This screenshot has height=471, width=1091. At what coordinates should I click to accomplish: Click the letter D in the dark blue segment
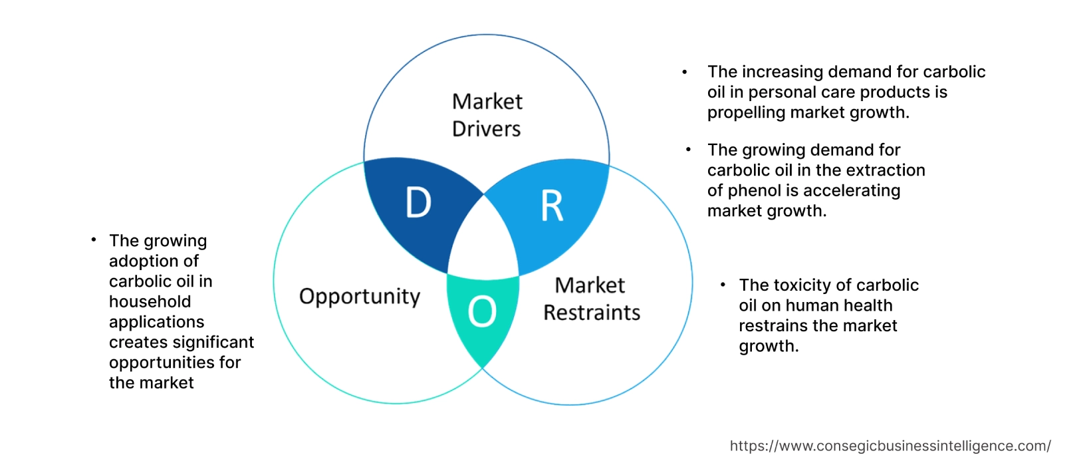click(x=418, y=202)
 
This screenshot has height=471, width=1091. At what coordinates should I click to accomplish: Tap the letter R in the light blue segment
click(x=552, y=206)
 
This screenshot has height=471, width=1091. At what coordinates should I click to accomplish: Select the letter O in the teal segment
click(x=482, y=311)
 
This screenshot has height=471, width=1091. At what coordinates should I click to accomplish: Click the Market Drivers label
click(x=487, y=115)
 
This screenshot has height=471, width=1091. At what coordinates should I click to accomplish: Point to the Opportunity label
click(x=360, y=296)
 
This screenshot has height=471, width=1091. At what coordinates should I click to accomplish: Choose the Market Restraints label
click(x=591, y=299)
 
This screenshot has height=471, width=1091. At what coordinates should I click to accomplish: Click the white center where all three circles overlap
click(x=483, y=242)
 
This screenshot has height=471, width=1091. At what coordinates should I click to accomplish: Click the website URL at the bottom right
click(x=890, y=446)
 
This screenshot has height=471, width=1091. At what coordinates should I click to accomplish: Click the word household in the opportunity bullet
click(x=150, y=301)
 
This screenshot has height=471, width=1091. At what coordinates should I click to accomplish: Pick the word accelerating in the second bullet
click(x=852, y=191)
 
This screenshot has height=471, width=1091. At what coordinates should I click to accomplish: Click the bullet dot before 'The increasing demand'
click(x=684, y=72)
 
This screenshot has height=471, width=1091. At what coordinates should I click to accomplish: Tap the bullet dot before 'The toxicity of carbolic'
click(x=723, y=285)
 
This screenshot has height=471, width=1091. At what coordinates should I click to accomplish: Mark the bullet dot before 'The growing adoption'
click(x=94, y=239)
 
